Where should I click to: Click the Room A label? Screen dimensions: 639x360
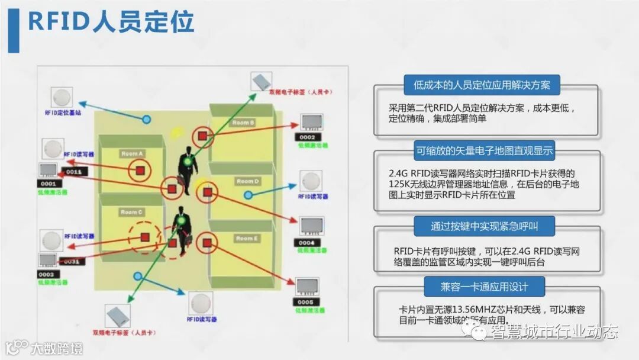tap(132, 154)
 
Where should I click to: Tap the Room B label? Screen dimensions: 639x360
tap(243, 123)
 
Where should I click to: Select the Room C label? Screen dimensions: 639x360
tap(131, 212)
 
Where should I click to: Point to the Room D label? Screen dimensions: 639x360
tap(247, 181)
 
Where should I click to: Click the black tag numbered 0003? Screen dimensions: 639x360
tap(46, 275)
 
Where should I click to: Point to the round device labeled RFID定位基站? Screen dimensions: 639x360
tap(61, 97)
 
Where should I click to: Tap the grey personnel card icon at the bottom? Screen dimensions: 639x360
tap(118, 316)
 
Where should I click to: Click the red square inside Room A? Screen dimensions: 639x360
tap(141, 171)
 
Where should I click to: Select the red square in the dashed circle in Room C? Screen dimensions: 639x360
tap(145, 237)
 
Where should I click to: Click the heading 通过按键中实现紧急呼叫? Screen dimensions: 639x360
tap(484, 226)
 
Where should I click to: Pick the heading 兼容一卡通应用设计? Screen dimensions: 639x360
tap(483, 287)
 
